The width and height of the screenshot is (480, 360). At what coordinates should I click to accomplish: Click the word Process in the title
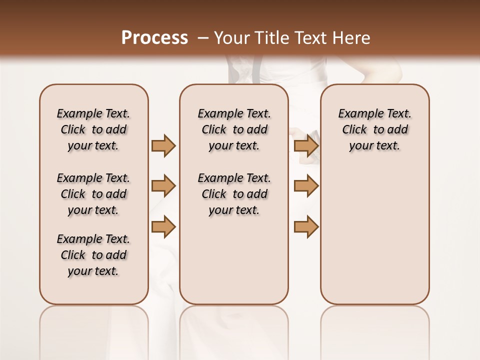point(154,38)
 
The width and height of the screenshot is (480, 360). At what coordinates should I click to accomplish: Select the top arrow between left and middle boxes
point(163,146)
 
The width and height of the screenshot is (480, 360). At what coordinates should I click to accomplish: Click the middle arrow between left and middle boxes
point(163,186)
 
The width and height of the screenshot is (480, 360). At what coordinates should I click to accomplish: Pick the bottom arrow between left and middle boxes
point(163,227)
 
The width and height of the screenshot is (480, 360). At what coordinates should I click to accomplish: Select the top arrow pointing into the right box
point(306,146)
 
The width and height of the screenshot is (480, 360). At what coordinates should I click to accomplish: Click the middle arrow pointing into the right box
point(306,186)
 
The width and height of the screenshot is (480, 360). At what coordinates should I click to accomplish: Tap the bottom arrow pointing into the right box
point(306,227)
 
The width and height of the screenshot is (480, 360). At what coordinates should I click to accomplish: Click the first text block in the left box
point(93,129)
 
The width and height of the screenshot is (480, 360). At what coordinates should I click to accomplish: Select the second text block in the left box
point(93,194)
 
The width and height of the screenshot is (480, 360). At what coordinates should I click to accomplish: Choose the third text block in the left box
point(93,255)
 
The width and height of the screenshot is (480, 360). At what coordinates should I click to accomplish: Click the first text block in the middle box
point(234,129)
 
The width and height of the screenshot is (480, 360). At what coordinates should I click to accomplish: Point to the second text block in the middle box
point(234,194)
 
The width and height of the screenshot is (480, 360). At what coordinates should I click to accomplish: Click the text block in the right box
point(374,129)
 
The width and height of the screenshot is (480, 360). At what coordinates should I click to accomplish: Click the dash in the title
point(203,38)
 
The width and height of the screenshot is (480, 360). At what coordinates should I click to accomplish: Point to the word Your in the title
point(232,38)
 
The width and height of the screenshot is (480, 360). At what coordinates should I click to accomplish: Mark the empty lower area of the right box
point(374,235)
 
